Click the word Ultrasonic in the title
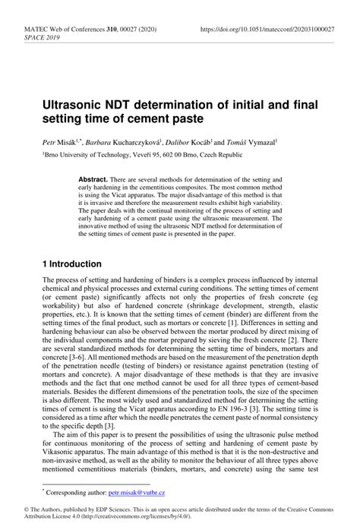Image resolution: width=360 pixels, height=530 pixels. pos(74,103)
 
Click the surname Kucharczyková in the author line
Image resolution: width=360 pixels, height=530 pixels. pos(142,141)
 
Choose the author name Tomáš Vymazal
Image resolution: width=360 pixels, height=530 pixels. pos(252,141)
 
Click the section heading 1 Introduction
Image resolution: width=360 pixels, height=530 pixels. pos(73,264)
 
